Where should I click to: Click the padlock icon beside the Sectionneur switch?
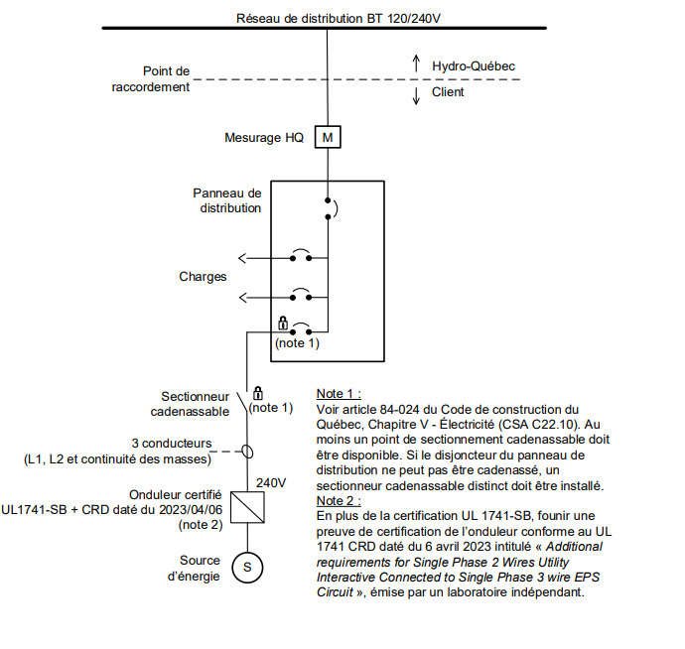(258, 393)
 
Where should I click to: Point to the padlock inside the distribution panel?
(283, 324)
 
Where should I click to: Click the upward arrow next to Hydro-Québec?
(416, 64)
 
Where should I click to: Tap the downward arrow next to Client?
(416, 95)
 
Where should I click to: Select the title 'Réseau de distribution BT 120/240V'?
(339, 18)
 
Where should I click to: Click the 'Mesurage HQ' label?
(264, 138)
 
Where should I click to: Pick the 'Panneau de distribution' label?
(227, 200)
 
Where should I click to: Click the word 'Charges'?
(203, 277)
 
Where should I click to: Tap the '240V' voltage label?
(271, 482)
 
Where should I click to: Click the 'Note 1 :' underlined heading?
(339, 394)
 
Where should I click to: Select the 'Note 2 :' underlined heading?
(339, 500)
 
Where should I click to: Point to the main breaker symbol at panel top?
(332, 208)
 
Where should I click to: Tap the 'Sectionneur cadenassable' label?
(190, 404)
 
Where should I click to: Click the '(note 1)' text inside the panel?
(297, 343)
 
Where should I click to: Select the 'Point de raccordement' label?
(151, 79)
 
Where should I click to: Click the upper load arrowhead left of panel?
(242, 258)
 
